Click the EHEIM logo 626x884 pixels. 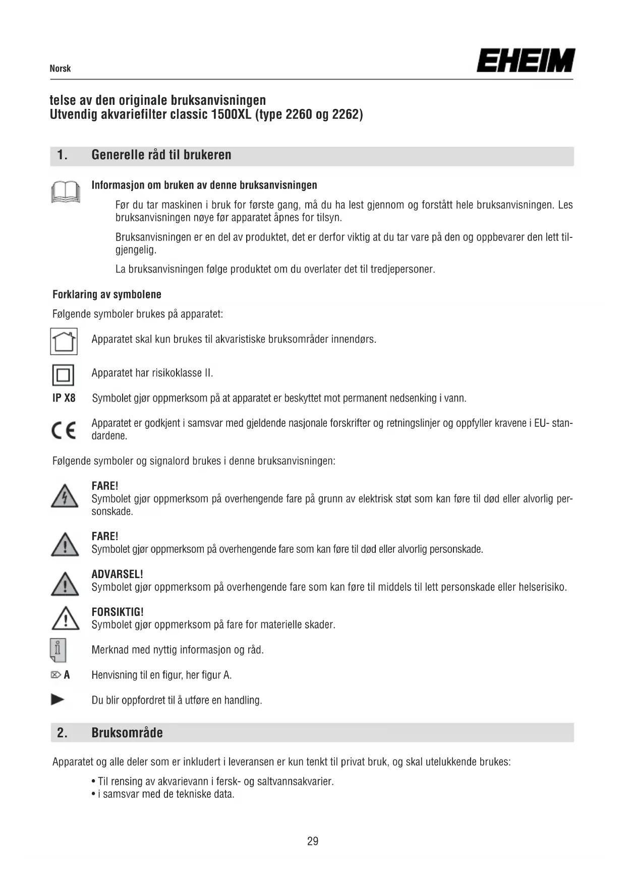pos(525,60)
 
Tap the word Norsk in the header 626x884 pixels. pos(60,69)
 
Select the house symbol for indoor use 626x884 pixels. pos(64,341)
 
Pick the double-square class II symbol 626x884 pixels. pos(63,375)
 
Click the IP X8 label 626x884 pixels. pos(64,398)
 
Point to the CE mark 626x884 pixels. pos(64,430)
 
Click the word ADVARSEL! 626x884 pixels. pos(117,574)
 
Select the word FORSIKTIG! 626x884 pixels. pos(118,612)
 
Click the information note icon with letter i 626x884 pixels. pos(58,650)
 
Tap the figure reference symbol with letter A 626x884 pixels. pos(61,675)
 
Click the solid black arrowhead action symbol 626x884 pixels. pos(58,700)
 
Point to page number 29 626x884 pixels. pos(313,841)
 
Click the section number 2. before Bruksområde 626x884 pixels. pos(62,732)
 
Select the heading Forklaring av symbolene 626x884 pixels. pos(107,294)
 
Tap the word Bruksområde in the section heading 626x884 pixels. pos(127,732)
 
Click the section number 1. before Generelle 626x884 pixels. pos(62,155)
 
